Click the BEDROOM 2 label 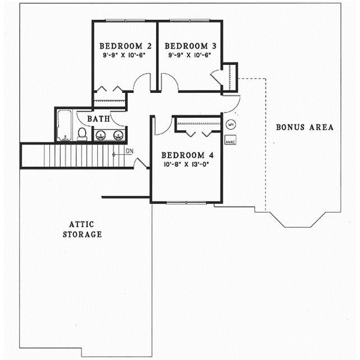124,46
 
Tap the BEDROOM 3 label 190,46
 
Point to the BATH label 98,119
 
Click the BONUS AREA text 304,127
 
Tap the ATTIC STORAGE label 82,229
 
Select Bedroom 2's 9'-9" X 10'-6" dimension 124,55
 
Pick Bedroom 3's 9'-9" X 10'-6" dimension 190,55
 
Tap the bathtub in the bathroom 64,125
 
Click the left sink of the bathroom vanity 100,135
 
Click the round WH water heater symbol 231,125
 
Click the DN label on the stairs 128,150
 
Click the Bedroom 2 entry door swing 142,84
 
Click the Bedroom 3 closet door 217,76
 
